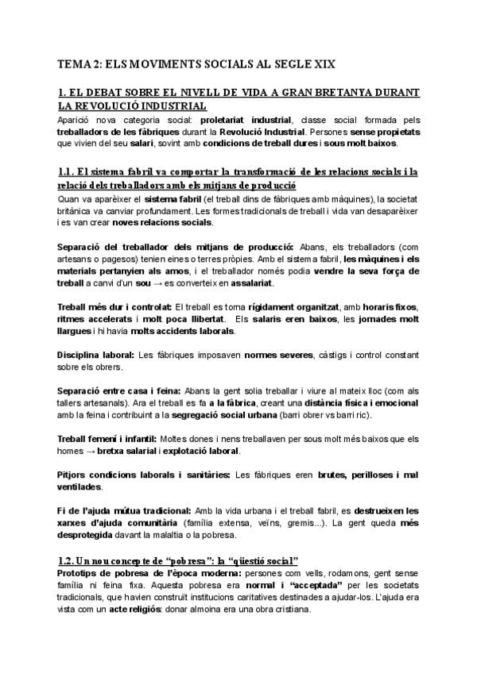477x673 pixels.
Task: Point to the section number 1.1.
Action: point(66,171)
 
